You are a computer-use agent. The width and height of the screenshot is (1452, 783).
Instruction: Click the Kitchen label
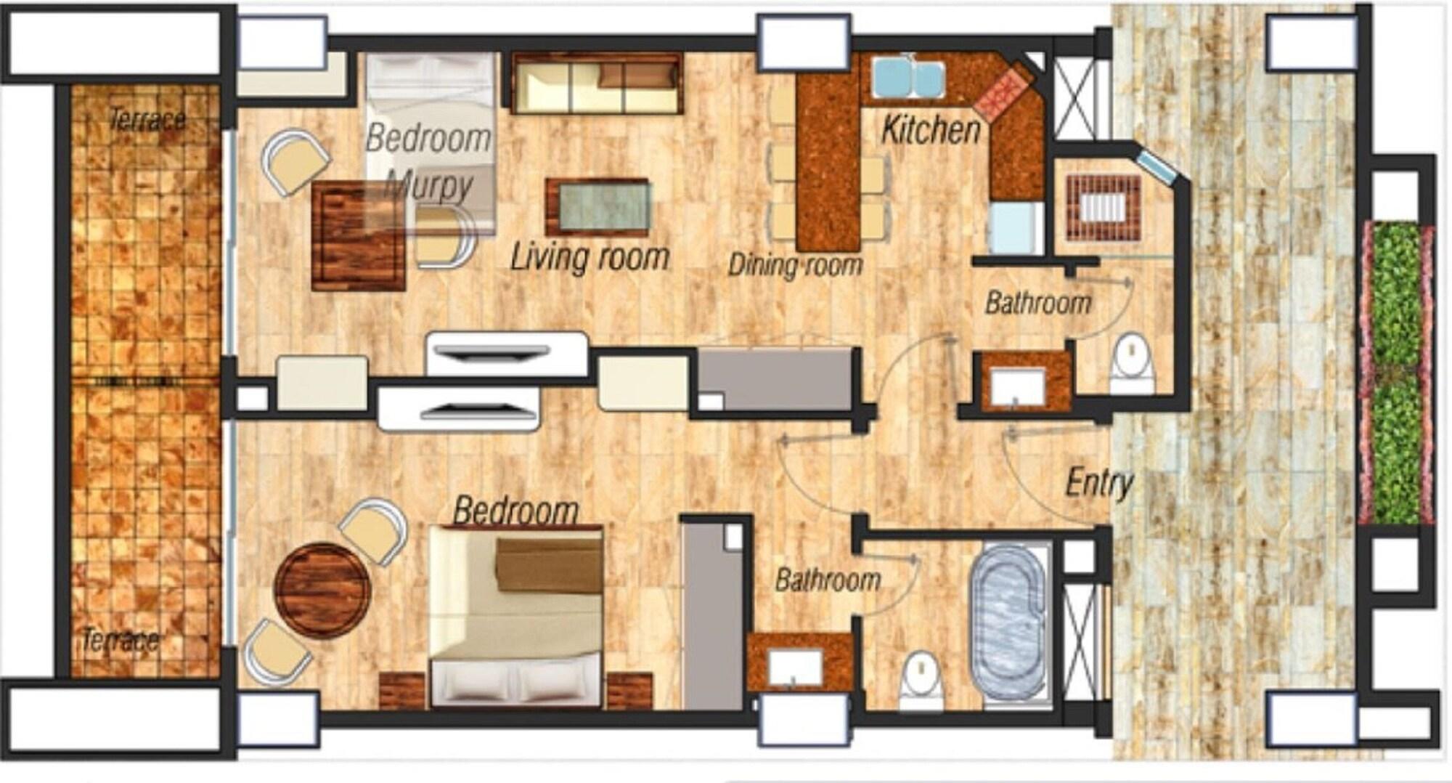point(931,130)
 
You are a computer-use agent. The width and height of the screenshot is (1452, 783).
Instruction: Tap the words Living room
point(590,258)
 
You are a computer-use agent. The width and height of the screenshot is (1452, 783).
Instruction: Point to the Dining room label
point(796,265)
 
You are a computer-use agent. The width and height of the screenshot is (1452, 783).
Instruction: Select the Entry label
point(1099,484)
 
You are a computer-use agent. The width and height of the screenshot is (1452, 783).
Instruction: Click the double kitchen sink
point(908,77)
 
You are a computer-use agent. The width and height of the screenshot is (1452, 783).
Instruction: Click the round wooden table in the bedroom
point(322,591)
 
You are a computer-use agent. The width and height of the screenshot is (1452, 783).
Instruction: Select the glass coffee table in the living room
point(597,208)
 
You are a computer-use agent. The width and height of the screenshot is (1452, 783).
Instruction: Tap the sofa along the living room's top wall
point(596,83)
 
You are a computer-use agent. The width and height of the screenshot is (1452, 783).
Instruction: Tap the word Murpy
point(429,185)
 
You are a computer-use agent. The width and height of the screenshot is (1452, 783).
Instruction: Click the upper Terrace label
point(147,119)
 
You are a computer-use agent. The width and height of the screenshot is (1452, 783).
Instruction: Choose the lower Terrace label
point(121,640)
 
